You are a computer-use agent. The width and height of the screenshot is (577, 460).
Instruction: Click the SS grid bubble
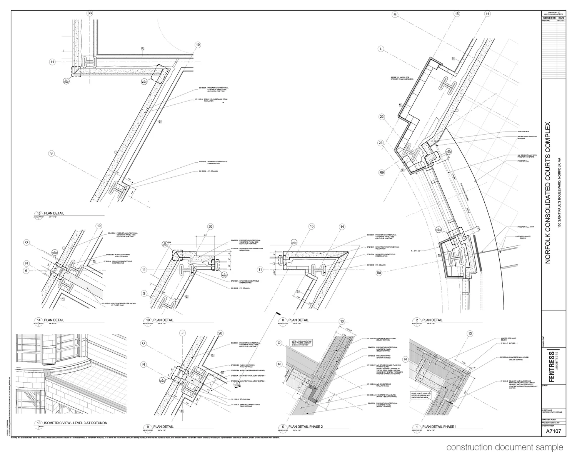click(90, 13)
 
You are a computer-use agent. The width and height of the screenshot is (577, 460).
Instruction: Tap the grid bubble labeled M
click(395, 15)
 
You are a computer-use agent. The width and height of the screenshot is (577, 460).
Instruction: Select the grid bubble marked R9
click(382, 173)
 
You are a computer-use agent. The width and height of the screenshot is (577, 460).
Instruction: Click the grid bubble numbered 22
click(382, 117)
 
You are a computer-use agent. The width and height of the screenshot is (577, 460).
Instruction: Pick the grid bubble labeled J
click(183, 333)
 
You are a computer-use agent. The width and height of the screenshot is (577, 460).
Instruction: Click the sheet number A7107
click(554, 432)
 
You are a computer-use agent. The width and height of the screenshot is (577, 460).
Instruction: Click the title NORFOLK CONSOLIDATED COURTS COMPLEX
click(548, 192)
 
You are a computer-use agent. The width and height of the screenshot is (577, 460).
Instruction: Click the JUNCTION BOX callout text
click(524, 132)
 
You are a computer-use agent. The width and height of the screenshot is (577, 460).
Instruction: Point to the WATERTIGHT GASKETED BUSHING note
click(527, 137)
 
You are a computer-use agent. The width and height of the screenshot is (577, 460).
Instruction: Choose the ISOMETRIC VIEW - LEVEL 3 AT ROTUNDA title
click(75, 423)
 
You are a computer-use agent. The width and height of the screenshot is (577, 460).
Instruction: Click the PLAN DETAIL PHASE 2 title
click(305, 427)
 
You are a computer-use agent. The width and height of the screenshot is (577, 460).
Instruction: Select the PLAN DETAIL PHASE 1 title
click(439, 427)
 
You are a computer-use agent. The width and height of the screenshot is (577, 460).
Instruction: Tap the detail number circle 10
click(148, 320)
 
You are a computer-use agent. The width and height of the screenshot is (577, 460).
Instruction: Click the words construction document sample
click(505, 448)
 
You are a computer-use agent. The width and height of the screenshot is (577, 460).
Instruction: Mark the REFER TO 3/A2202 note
click(402, 78)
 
